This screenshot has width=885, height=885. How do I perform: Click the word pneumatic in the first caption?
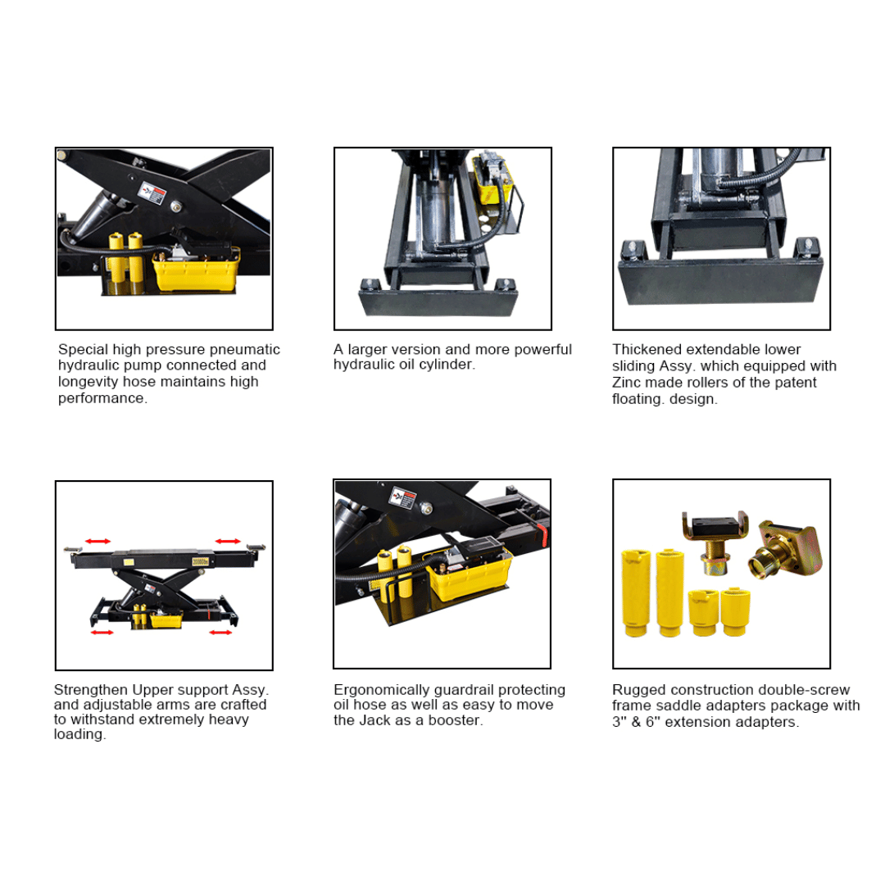pyautogui.click(x=246, y=350)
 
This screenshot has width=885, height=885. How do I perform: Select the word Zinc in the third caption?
pyautogui.click(x=627, y=383)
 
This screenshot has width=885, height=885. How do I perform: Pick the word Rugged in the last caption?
pyautogui.click(x=635, y=690)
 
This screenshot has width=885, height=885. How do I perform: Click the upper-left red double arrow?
pyautogui.click(x=98, y=541)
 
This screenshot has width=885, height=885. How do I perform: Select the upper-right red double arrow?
pyautogui.click(x=228, y=541)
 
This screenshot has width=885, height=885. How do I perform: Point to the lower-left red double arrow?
pyautogui.click(x=102, y=633)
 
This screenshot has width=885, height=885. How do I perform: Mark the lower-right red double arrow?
pyautogui.click(x=220, y=633)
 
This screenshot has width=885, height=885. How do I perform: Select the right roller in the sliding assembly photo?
pyautogui.click(x=807, y=247)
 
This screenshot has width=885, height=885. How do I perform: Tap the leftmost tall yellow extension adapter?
pyautogui.click(x=634, y=592)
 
